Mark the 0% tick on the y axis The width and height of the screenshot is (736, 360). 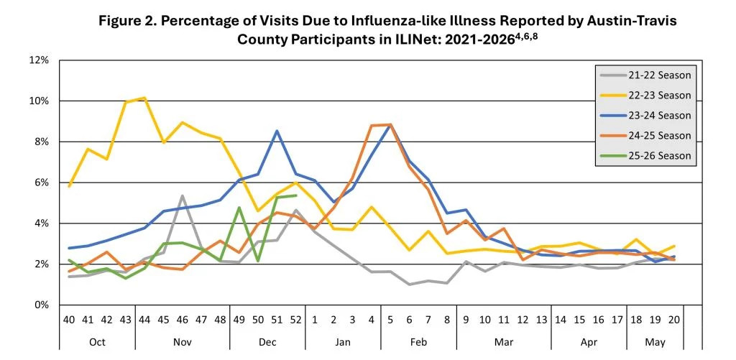click(41, 305)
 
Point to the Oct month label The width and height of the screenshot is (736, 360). click(97, 342)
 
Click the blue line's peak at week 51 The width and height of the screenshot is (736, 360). click(277, 131)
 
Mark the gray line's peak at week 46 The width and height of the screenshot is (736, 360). click(183, 195)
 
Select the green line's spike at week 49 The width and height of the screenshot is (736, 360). click(239, 208)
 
